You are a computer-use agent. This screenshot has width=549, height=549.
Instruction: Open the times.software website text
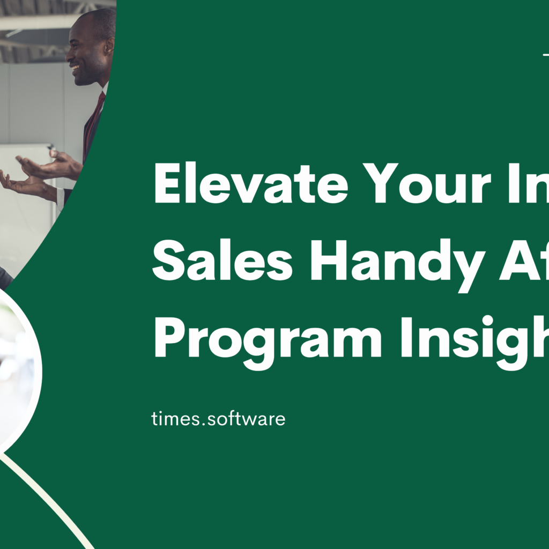pyautogui.click(x=218, y=419)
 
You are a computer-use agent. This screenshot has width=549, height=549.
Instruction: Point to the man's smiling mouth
pyautogui.click(x=75, y=68)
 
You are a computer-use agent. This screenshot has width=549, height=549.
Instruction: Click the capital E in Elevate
pyautogui.click(x=167, y=184)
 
